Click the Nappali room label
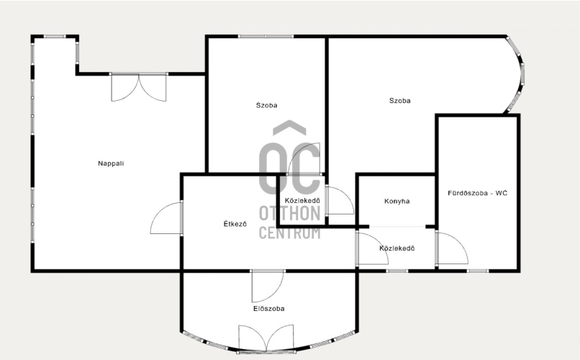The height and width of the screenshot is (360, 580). coord(111,163)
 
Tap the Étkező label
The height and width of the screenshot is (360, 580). coord(235,224)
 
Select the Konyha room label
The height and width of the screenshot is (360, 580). coord(397,202)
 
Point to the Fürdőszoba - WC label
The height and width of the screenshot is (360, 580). coord(478,193)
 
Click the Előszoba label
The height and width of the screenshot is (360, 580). coord(269,309)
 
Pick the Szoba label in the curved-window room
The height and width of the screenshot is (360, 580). coord(400,101)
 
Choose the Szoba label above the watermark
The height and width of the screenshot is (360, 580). coord(267,105)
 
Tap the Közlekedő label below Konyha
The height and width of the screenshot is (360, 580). coord(397,248)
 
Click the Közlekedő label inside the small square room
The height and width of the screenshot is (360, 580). coord(302,201)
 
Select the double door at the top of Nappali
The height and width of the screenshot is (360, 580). coord(139,87)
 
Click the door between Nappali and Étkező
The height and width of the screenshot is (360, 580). coord(166,218)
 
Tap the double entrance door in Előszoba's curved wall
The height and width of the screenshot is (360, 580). coord(266,338)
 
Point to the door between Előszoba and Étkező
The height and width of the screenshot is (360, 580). coord(268,286)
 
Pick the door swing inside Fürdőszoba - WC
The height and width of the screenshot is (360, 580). coord(452,248)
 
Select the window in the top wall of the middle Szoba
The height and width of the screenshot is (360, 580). coord(266,36)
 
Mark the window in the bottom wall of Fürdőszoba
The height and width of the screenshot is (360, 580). coord(477,271)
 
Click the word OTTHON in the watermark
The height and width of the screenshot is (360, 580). coord(289,214)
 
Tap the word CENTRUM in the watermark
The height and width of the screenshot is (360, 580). coord(289,233)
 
